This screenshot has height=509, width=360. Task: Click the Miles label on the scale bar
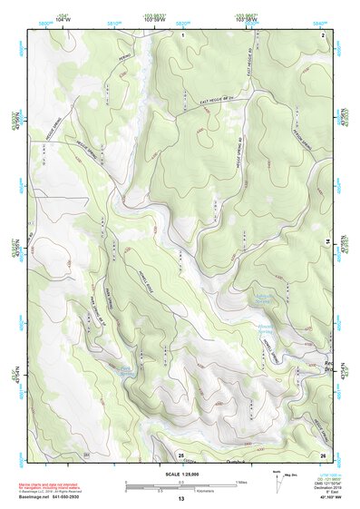[241, 483]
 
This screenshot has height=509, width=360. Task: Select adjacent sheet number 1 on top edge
[182, 34]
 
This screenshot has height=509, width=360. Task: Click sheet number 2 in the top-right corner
[324, 34]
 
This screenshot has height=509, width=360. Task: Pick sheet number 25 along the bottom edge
[180, 454]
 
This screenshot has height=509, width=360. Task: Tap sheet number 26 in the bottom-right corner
[323, 454]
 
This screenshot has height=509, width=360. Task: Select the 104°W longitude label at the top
[63, 16]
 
